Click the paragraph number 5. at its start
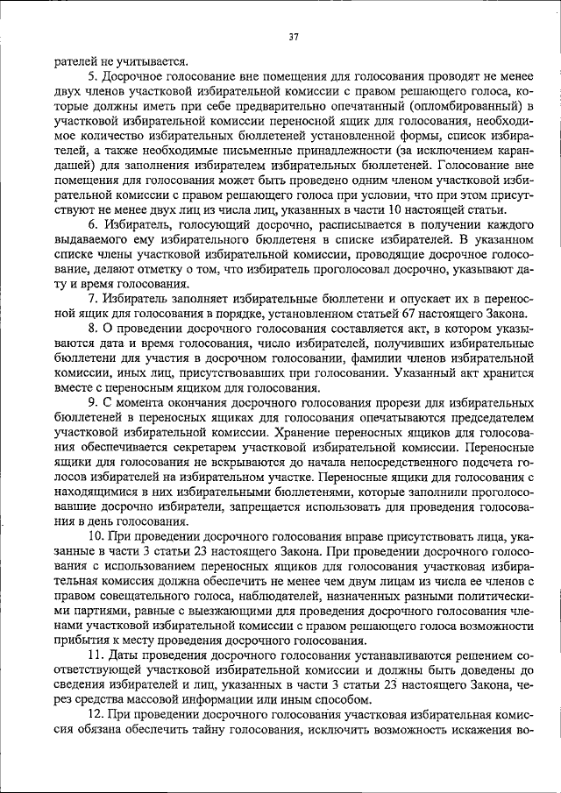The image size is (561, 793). point(92,76)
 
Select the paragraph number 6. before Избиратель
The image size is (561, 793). point(92,225)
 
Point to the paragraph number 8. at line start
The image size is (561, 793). point(92,329)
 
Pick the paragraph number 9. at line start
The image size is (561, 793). point(92,404)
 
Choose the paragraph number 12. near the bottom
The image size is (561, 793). point(96,717)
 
